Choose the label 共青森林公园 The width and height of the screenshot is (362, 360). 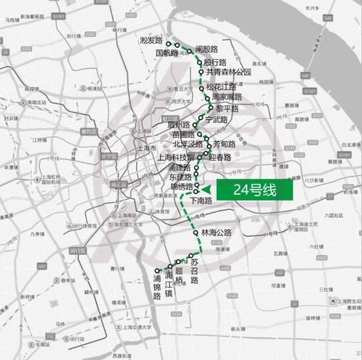[x=228, y=72]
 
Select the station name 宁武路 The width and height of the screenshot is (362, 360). [x=217, y=119]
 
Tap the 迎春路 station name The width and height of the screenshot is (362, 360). [x=220, y=156]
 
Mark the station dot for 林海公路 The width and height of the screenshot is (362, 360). [x=195, y=233]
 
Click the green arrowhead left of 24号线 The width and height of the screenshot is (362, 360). [x=206, y=190]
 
